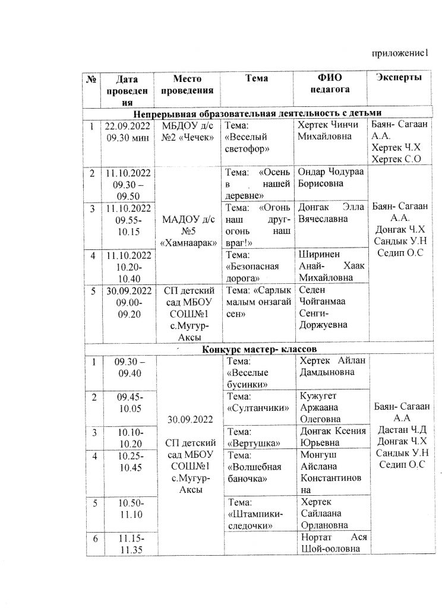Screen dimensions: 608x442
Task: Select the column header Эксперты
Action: [400, 78]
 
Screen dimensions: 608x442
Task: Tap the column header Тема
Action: [256, 78]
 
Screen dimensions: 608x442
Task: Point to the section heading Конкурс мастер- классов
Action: [257, 350]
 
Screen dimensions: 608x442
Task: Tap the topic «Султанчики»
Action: [257, 402]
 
